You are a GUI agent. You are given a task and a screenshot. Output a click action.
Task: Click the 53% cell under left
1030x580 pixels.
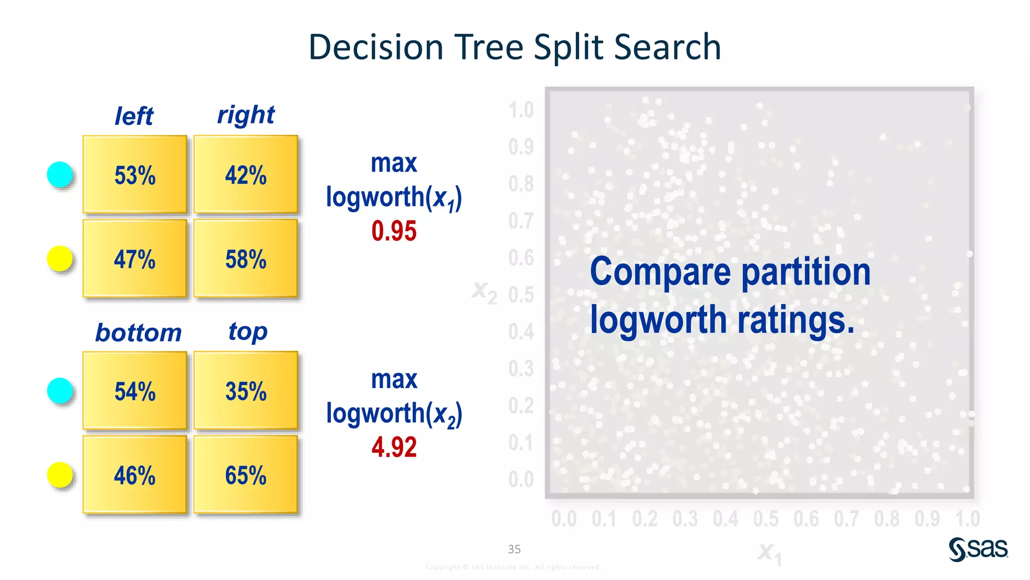tap(135, 175)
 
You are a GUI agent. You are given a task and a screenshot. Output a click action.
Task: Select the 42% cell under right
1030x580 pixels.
tap(245, 175)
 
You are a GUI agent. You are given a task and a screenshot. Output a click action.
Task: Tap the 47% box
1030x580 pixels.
tap(135, 259)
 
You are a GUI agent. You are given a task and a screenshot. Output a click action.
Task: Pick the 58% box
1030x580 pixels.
tap(245, 259)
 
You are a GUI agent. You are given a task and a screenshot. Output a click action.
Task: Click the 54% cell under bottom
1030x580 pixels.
tap(135, 391)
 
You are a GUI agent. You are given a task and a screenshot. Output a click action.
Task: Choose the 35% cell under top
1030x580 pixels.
tap(245, 391)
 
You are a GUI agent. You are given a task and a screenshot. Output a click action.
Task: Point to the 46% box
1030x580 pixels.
tap(135, 475)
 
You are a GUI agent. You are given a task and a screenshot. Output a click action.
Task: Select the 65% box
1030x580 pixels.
tap(245, 475)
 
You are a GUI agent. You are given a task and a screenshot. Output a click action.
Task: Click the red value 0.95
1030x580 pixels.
tap(394, 231)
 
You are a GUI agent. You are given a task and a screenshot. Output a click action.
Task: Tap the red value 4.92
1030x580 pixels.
tap(394, 447)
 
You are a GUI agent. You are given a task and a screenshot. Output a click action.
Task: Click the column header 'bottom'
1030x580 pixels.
tap(138, 333)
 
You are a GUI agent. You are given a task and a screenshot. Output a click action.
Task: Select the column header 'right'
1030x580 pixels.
tap(245, 115)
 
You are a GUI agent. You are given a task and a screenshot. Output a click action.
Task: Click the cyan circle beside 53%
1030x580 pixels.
tap(60, 175)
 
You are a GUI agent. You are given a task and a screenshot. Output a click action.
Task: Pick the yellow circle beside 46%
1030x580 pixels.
tap(60, 475)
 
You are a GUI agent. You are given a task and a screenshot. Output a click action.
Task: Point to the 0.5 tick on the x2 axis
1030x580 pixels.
tap(521, 295)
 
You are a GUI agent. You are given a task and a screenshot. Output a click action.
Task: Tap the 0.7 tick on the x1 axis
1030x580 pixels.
tap(846, 519)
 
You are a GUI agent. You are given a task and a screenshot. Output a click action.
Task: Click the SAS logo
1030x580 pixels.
tap(978, 549)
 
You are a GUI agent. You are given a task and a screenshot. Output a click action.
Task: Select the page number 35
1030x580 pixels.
tap(514, 549)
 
